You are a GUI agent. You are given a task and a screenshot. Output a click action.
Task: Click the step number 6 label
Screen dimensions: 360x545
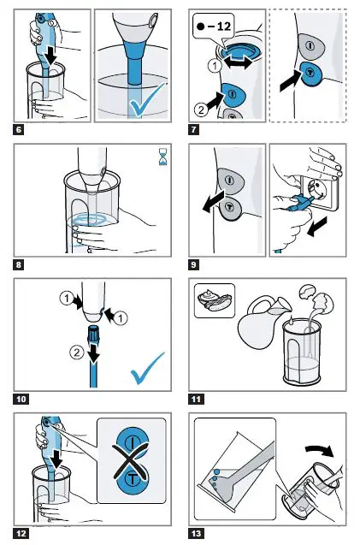pyautogui.click(x=19, y=130)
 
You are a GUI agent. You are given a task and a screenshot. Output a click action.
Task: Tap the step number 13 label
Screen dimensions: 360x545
pyautogui.click(x=197, y=534)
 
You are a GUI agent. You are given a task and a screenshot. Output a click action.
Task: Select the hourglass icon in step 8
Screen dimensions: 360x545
pyautogui.click(x=162, y=157)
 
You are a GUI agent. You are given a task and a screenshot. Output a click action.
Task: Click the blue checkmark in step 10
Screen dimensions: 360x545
pyautogui.click(x=147, y=369)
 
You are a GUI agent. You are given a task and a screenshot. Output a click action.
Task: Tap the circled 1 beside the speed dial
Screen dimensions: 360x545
pyautogui.click(x=215, y=65)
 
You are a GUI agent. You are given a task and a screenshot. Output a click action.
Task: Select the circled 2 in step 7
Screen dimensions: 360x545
pyautogui.click(x=202, y=110)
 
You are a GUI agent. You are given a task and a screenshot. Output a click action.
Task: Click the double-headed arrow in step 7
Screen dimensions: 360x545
pyautogui.click(x=238, y=63)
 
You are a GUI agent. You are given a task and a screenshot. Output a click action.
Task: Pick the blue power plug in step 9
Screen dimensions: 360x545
pyautogui.click(x=299, y=203)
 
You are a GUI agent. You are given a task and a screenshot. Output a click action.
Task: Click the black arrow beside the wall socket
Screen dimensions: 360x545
pyautogui.click(x=317, y=226)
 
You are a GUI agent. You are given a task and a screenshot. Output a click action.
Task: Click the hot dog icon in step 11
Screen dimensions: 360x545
pyautogui.click(x=215, y=300)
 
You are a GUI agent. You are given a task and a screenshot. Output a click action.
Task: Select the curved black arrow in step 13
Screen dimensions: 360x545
pyautogui.click(x=320, y=451)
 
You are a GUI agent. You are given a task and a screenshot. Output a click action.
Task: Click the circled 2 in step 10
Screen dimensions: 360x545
pyautogui.click(x=77, y=352)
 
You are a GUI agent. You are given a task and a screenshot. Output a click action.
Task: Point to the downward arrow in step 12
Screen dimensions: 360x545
pyautogui.click(x=56, y=458)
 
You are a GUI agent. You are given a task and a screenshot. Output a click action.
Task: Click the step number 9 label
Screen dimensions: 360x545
pyautogui.click(x=193, y=265)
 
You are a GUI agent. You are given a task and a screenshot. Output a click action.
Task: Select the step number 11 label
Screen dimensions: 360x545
pyautogui.click(x=197, y=399)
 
